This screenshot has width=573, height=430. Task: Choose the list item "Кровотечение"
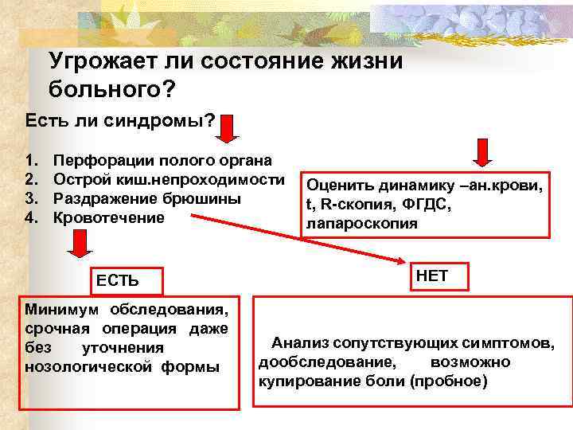108,217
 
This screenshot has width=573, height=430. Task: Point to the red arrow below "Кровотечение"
79,243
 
